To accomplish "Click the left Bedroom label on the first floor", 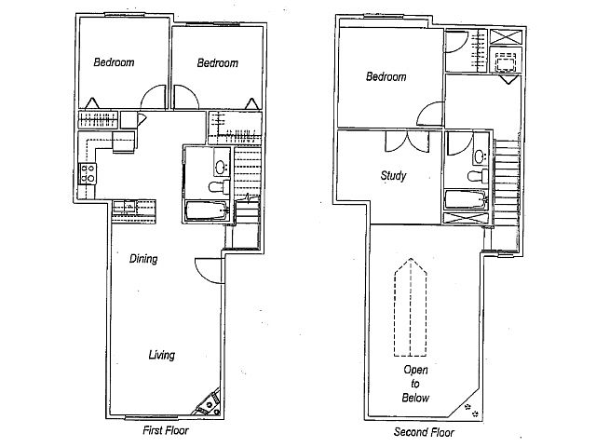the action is tap(114, 62).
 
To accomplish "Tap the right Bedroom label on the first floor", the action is tap(217, 62).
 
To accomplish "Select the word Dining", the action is tap(142, 260).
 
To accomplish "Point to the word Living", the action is tap(160, 355).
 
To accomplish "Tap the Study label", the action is tap(392, 175).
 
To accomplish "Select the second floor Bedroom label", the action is tap(386, 77).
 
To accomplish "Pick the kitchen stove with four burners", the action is tap(90, 172).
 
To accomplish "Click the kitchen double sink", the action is tap(125, 207).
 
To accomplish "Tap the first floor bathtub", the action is tap(206, 210).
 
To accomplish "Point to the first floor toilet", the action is tap(217, 187).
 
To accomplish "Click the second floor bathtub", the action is tap(464, 198).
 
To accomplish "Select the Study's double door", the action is tap(405, 141).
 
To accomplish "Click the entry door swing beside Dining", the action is tap(208, 269).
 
